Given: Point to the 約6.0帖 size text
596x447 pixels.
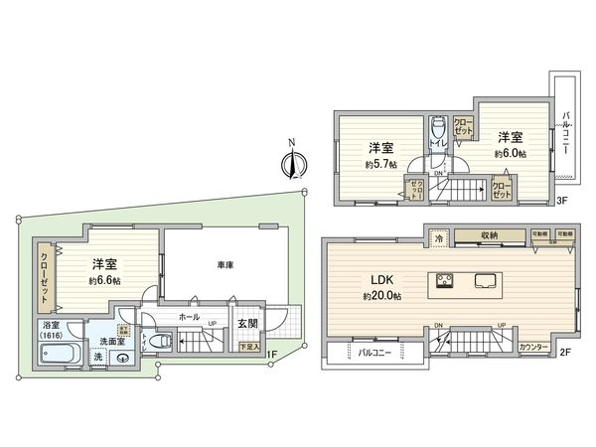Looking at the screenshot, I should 510,155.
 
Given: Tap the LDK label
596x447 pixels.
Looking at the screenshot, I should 381,280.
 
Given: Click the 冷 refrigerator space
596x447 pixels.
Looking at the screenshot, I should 438,238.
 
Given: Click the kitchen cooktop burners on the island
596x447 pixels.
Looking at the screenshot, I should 442,280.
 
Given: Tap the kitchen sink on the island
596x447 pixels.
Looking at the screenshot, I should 488,280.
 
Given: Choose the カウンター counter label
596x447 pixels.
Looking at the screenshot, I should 536,348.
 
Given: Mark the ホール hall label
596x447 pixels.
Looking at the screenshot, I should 189,318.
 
